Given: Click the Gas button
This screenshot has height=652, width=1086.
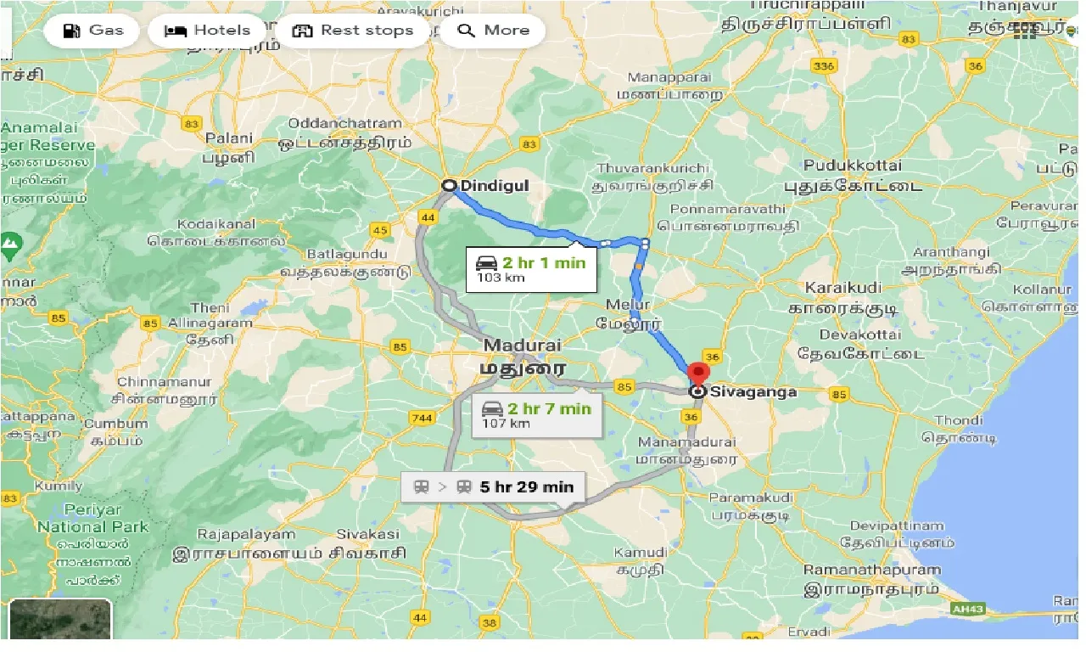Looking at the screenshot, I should tap(94, 31).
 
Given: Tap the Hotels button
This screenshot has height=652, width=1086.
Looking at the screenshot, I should tap(207, 31).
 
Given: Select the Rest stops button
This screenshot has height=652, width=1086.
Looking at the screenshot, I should tap(352, 31).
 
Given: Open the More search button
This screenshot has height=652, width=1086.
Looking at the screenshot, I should tap(493, 31).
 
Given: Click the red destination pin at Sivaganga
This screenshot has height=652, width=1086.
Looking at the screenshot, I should tap(697, 374).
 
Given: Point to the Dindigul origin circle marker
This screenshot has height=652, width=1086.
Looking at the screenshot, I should tap(449, 185).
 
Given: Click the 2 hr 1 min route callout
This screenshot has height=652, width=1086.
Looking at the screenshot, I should tap(530, 268).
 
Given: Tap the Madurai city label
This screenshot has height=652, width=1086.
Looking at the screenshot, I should tap(523, 346).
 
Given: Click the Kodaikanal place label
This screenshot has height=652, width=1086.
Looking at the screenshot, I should tap(216, 224).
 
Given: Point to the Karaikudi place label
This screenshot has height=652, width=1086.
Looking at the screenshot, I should tap(843, 287).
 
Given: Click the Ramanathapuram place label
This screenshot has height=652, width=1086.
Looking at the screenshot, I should tap(872, 570).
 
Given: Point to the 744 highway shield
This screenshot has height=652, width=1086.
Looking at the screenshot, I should tap(422, 418).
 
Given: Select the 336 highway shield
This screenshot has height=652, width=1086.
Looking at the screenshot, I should tap(822, 65).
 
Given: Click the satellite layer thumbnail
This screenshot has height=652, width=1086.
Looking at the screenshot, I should tap(60, 620).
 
